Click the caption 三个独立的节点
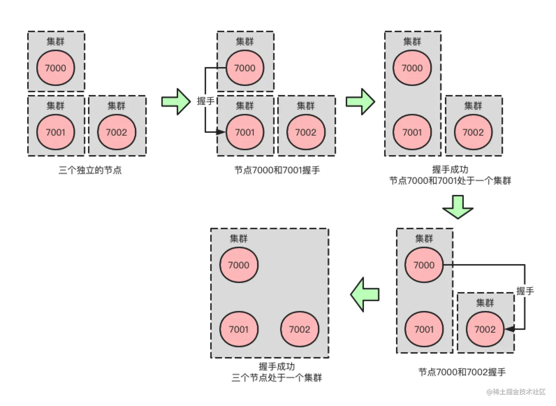coord(90,170)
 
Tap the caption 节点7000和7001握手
coord(277,170)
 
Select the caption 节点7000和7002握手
coord(462,372)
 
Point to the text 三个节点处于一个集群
coord(277,378)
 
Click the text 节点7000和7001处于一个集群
coord(450,181)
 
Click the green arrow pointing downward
coord(458,207)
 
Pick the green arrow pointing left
coord(364,295)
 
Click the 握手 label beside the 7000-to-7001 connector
coord(206,101)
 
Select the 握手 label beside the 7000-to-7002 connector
coord(525,291)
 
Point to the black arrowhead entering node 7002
coord(509,329)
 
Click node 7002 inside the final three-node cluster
coord(300,329)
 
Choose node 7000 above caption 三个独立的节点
coord(56,68)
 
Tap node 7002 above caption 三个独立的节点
coord(117,132)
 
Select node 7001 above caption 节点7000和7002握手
coord(424,329)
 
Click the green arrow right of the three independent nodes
coord(176,101)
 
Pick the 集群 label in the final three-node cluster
coord(239,239)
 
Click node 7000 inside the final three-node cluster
coord(239,265)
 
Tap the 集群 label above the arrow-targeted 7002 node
coord(485,303)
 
